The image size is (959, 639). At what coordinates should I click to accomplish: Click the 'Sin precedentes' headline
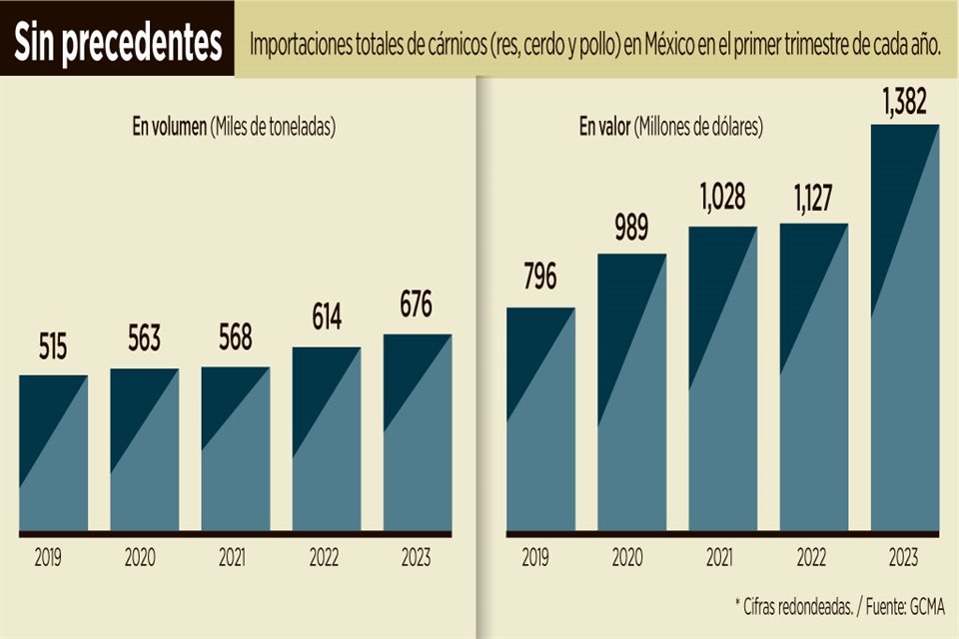click(x=117, y=41)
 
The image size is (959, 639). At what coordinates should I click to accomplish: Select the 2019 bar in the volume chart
click(x=53, y=454)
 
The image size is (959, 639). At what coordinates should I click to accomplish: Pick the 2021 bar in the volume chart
click(x=236, y=449)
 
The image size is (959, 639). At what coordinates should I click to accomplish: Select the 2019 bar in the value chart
click(x=540, y=419)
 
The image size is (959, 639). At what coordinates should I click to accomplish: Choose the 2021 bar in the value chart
click(x=722, y=379)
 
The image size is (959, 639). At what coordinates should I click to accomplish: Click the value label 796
click(x=539, y=277)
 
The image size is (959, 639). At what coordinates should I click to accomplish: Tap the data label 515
click(x=53, y=348)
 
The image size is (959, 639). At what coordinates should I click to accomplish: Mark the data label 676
click(x=418, y=306)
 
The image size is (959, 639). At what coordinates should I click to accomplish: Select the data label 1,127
click(x=813, y=196)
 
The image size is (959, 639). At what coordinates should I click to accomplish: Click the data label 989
click(x=631, y=227)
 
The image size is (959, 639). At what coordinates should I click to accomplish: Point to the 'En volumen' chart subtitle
click(x=234, y=127)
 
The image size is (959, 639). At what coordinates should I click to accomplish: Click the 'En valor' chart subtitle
click(x=670, y=127)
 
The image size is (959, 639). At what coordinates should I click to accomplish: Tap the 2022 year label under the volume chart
click(x=327, y=557)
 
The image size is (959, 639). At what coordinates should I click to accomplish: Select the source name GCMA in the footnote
click(x=925, y=606)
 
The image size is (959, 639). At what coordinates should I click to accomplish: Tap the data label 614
click(x=327, y=319)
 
